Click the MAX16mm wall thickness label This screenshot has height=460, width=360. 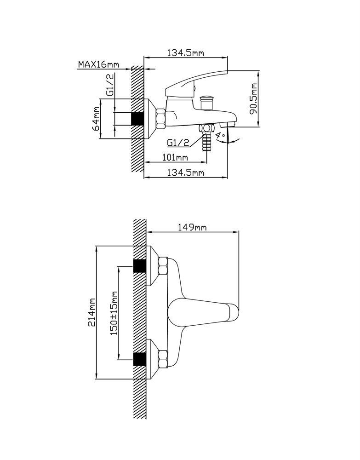[x=98, y=64]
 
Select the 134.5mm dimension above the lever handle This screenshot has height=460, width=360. [x=185, y=53]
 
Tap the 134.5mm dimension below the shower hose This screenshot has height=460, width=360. [x=185, y=172]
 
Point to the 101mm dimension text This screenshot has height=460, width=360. [x=175, y=157]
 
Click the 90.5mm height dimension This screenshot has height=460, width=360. [x=253, y=98]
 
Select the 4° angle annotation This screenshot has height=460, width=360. [x=220, y=136]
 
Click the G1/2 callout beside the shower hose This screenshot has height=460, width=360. [x=178, y=143]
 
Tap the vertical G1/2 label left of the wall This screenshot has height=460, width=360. [x=110, y=85]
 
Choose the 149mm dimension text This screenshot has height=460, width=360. [x=192, y=227]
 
